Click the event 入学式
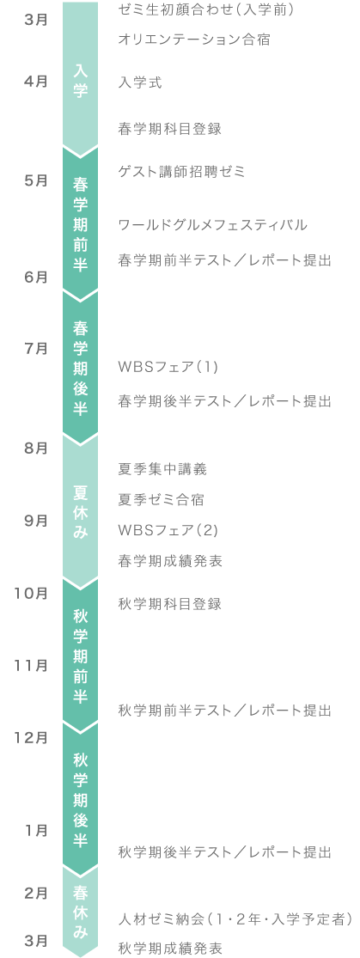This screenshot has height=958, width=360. [140, 82]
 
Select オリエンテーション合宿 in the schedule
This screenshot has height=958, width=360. [194, 40]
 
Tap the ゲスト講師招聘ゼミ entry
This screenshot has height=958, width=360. [181, 172]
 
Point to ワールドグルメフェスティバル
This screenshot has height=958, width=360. [213, 225]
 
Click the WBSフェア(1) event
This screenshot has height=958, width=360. [168, 367]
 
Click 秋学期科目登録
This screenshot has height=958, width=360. [169, 604]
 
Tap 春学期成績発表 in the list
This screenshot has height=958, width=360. [169, 561]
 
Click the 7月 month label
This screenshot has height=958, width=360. [37, 349]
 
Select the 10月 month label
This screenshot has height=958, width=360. [32, 593]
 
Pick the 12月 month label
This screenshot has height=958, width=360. [32, 737]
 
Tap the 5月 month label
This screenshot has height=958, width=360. [37, 180]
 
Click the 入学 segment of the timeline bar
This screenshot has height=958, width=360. [80, 79]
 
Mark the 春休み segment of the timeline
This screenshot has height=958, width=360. [80, 911]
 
